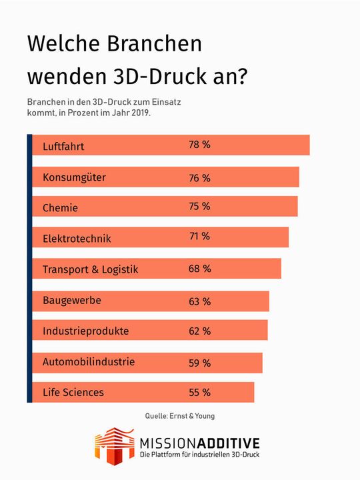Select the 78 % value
[x=199, y=145]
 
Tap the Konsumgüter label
[x=74, y=177]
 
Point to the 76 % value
[x=199, y=177]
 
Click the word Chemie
[x=60, y=207]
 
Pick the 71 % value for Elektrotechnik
[x=199, y=237]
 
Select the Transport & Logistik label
[x=90, y=269]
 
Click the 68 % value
[x=199, y=269]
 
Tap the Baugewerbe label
[x=72, y=301]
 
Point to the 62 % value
[x=199, y=331]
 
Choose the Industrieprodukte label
[x=86, y=331]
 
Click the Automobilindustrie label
[x=89, y=362]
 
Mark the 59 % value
[x=199, y=363]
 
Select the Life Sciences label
[x=73, y=392]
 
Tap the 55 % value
[x=199, y=392]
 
